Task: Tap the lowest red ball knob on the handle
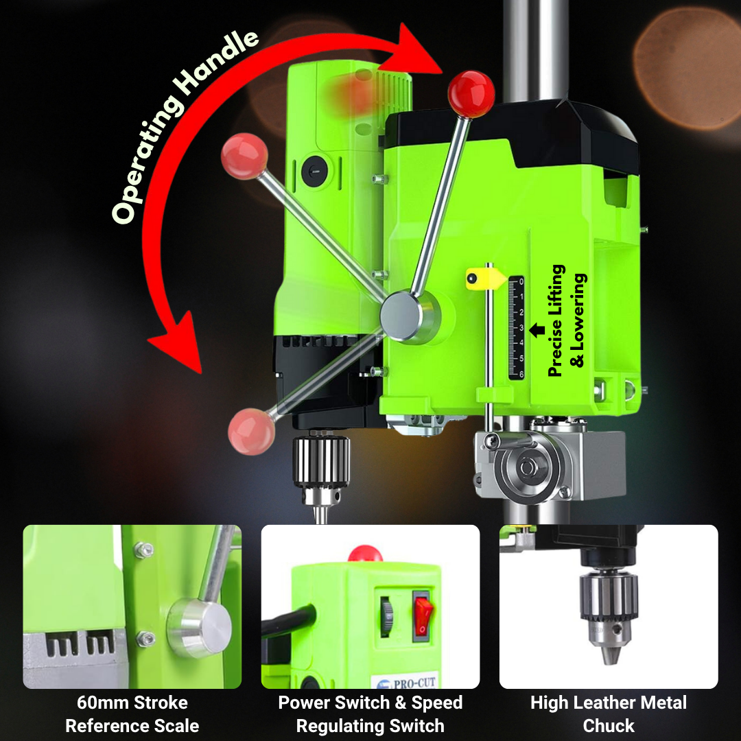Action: (x=251, y=432)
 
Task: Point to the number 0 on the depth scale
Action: (x=521, y=282)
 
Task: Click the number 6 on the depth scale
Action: (x=521, y=374)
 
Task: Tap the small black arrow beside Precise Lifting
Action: (x=537, y=329)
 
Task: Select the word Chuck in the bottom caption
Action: (x=609, y=725)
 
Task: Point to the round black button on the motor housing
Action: (x=315, y=170)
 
